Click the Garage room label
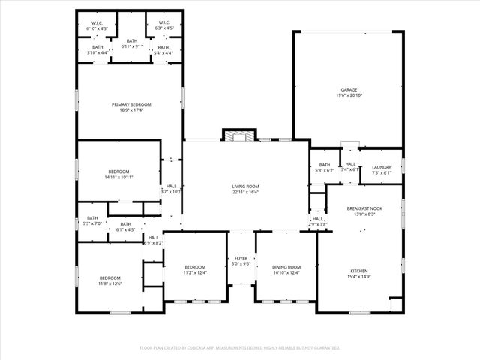click(x=349, y=90)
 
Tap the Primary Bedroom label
click(x=131, y=104)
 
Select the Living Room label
click(x=246, y=185)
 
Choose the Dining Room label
click(x=286, y=267)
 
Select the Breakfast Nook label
click(x=364, y=208)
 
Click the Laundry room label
click(x=381, y=167)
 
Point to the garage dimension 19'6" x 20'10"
click(x=349, y=96)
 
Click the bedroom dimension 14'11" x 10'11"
click(x=118, y=178)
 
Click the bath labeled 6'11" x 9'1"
click(x=132, y=43)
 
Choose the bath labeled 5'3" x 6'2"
click(x=324, y=168)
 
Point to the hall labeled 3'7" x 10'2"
click(x=171, y=188)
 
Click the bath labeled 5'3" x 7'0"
click(x=92, y=221)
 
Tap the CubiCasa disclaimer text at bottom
click(x=240, y=348)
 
